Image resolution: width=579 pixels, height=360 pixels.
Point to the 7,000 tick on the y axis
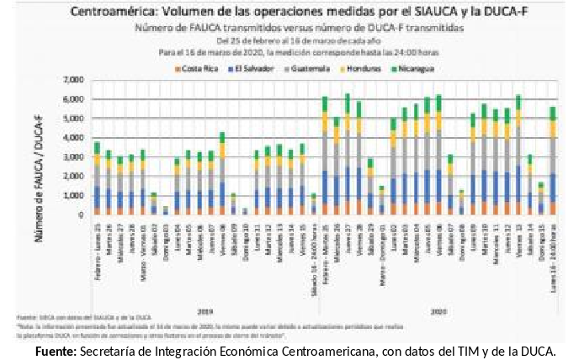click(x=75, y=80)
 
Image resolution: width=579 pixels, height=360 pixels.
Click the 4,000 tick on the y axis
click(x=75, y=138)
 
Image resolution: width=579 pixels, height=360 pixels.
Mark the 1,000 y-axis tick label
click(x=75, y=196)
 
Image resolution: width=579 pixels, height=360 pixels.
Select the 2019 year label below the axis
click(x=205, y=286)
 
